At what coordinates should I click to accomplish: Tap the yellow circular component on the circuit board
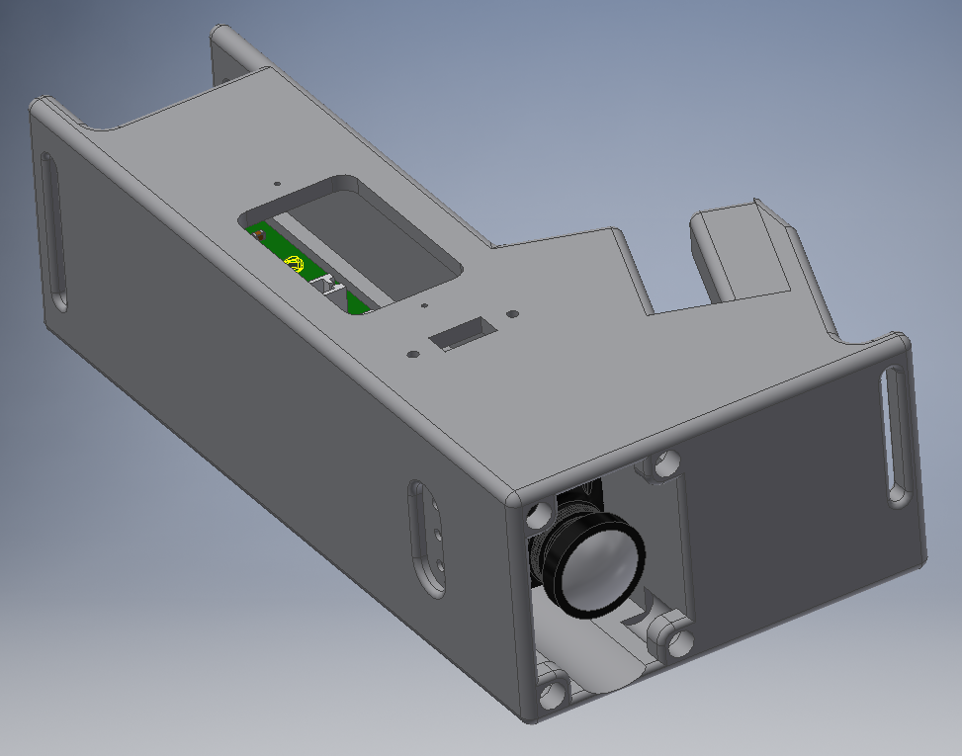293,263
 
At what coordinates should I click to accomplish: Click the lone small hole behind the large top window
278,183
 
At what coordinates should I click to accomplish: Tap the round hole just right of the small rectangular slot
511,314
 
